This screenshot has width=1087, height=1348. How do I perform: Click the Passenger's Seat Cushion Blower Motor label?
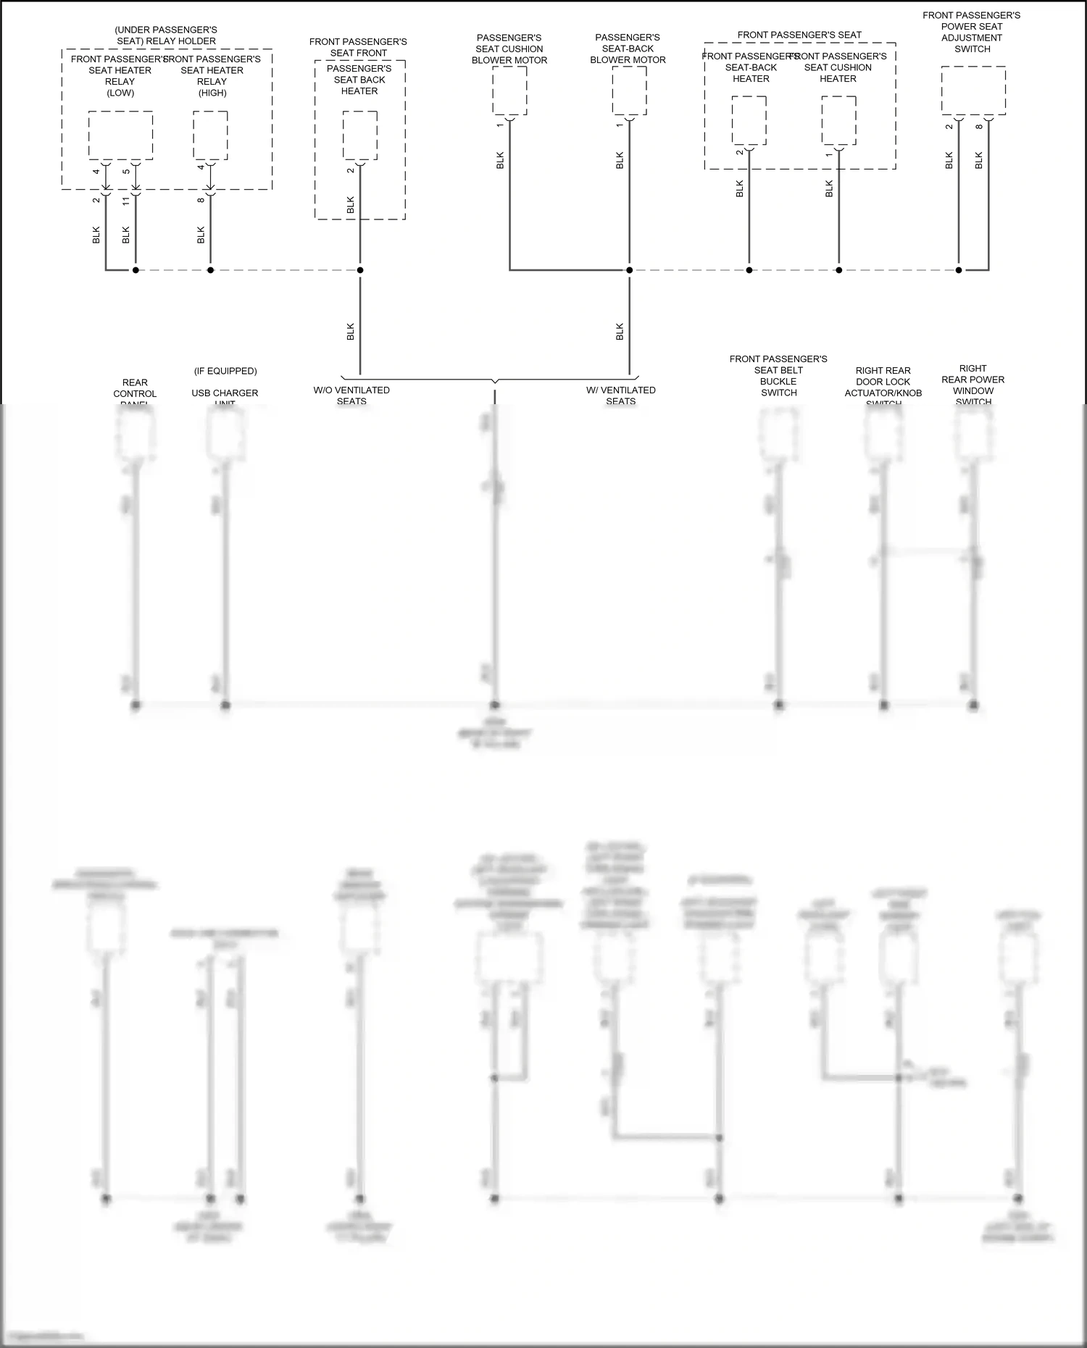[509, 49]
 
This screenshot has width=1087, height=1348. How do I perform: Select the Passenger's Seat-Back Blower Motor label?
[628, 49]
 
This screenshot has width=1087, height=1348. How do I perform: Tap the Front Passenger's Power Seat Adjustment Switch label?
[971, 32]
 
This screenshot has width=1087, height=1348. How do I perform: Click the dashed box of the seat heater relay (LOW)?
[120, 135]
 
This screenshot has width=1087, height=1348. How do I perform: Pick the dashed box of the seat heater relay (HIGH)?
[210, 135]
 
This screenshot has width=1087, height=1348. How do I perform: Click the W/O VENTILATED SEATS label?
[351, 395]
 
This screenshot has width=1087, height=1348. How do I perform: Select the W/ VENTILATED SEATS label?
[621, 395]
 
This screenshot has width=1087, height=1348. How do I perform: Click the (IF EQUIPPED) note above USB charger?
[225, 371]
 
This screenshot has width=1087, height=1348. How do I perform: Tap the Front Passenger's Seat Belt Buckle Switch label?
[778, 376]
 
